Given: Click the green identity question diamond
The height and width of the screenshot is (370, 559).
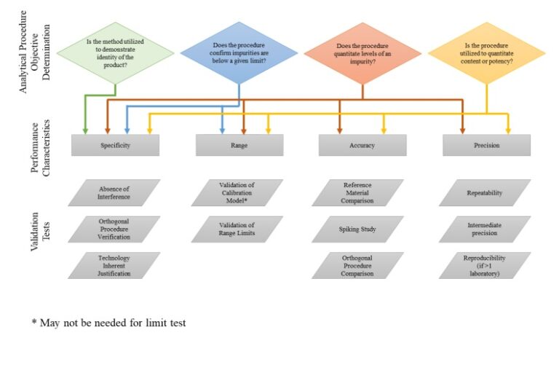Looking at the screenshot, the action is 115,53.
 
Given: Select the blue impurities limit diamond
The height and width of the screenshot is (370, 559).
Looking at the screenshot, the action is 239,53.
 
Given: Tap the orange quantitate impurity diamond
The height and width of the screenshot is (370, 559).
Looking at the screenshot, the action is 362,53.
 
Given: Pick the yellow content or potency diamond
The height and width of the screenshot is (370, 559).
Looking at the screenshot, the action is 487,53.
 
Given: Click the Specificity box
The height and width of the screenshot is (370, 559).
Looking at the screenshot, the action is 115,145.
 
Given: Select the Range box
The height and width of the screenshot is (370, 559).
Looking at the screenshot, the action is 239,145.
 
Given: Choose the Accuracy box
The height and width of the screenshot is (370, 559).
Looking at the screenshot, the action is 362,145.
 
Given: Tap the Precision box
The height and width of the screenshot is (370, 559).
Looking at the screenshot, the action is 487,145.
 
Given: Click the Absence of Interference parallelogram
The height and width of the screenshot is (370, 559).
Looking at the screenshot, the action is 114,193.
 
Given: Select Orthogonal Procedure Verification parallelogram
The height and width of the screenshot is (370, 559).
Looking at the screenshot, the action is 114,229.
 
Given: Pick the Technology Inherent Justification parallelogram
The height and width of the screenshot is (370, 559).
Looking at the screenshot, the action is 114,265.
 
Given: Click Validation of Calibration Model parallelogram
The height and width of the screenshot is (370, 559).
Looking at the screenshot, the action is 237,193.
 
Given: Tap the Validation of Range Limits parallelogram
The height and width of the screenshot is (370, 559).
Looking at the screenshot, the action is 237,229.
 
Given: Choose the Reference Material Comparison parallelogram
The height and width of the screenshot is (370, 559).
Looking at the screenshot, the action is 357,193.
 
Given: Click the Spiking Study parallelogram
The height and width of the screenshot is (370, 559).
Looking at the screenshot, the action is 357,229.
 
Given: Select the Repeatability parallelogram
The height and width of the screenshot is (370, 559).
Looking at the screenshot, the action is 485,193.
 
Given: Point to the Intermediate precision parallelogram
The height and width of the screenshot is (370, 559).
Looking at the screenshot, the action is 485,229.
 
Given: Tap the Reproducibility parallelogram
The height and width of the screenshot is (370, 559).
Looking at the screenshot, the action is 485,265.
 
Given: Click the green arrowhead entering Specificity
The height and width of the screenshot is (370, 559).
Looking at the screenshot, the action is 85,131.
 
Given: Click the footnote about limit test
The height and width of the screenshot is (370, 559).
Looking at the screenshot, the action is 108,323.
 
